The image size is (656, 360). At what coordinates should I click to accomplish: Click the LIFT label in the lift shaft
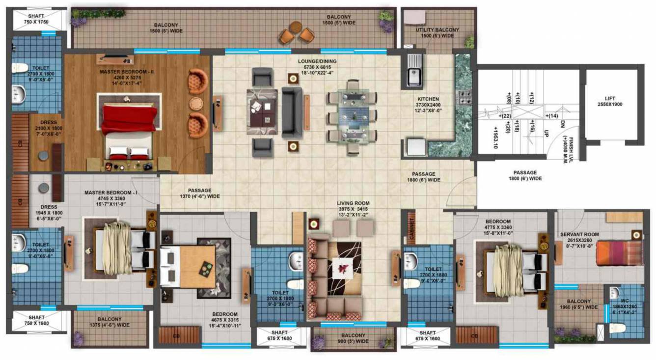(x=610, y=98)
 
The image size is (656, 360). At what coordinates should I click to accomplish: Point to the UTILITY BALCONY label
(x=437, y=30)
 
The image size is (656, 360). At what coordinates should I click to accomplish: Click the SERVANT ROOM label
(x=579, y=235)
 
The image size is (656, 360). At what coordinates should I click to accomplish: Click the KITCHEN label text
(x=428, y=99)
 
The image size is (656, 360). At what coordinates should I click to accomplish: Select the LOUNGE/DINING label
(x=317, y=61)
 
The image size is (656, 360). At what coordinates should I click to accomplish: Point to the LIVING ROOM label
(x=353, y=203)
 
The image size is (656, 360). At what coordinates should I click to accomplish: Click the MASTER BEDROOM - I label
(x=111, y=193)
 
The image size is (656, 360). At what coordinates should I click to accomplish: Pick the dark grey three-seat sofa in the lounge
(x=292, y=112)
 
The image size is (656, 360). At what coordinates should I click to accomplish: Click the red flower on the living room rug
(x=342, y=268)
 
